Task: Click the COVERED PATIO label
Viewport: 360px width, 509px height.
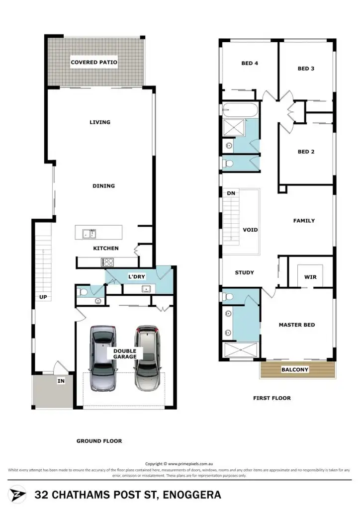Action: pyautogui.click(x=94, y=63)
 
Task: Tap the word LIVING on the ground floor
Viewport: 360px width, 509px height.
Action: pyautogui.click(x=99, y=122)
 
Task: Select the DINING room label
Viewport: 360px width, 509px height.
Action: pyautogui.click(x=103, y=186)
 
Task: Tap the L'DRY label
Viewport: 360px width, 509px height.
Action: pyautogui.click(x=136, y=276)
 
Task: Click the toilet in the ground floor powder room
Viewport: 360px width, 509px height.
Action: pyautogui.click(x=83, y=292)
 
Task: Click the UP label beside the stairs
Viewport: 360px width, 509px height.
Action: pyautogui.click(x=43, y=297)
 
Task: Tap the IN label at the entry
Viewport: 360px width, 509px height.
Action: pyautogui.click(x=61, y=381)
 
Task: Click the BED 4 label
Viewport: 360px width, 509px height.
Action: pyautogui.click(x=250, y=64)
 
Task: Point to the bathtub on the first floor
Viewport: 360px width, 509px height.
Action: pyautogui.click(x=240, y=109)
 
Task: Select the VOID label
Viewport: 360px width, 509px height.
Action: pyautogui.click(x=250, y=230)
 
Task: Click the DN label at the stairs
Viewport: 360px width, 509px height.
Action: pyautogui.click(x=231, y=193)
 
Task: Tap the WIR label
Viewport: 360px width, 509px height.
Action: pyautogui.click(x=310, y=277)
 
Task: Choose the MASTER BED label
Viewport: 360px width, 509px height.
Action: pyautogui.click(x=296, y=325)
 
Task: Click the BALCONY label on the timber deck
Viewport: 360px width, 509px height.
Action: pyautogui.click(x=295, y=370)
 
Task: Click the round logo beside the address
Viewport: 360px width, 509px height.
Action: pyautogui.click(x=18, y=494)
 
